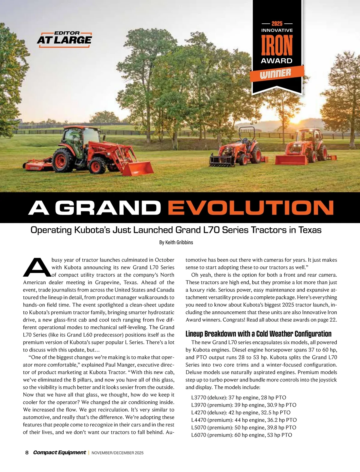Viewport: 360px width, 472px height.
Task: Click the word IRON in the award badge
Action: (x=277, y=46)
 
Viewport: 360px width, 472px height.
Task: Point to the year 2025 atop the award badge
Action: (x=277, y=23)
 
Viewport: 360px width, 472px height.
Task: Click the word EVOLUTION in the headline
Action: (x=251, y=208)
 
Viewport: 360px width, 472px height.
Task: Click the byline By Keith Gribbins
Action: (x=176, y=242)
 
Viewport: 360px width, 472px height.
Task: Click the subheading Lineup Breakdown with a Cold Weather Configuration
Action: (x=258, y=334)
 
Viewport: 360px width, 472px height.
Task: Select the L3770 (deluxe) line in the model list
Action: (x=238, y=398)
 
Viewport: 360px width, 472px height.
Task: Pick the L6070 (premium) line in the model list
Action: (x=241, y=435)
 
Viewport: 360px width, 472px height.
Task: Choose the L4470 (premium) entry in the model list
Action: (x=244, y=420)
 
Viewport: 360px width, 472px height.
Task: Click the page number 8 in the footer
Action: (x=27, y=453)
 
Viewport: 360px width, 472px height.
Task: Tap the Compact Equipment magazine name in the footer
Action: (x=59, y=453)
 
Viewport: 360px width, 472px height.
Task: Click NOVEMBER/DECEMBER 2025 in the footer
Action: (x=117, y=453)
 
